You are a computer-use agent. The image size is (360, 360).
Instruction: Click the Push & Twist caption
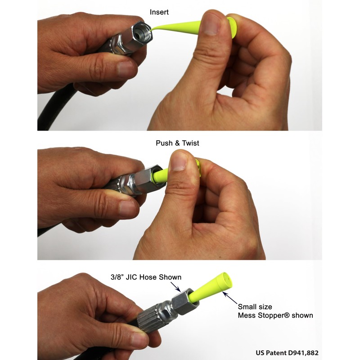[177, 143]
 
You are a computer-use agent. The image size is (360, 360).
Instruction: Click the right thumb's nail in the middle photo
[179, 161]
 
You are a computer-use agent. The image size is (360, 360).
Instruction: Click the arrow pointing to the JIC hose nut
[176, 287]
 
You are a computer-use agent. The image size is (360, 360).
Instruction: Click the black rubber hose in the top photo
[49, 112]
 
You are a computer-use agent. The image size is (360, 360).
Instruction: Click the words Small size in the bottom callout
[255, 307]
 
